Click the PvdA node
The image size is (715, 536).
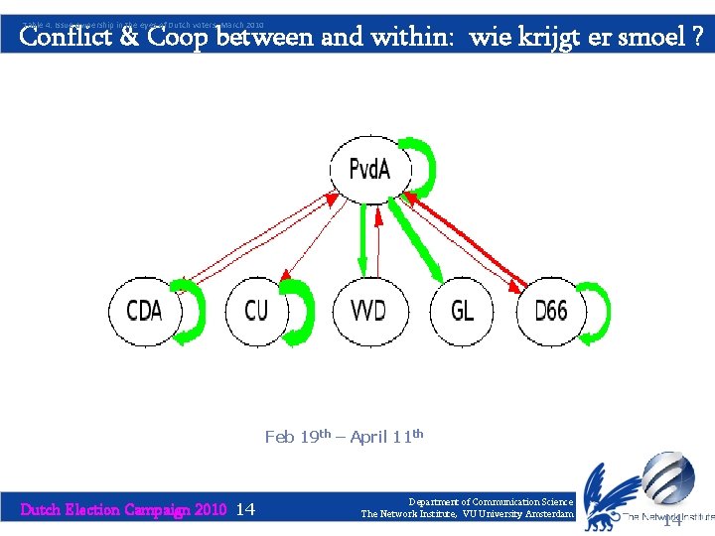click(368, 169)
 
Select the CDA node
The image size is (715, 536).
click(145, 311)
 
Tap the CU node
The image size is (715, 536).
click(256, 311)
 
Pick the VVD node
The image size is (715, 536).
click(367, 311)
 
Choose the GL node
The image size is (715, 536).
click(463, 311)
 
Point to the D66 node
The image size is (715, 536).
click(550, 311)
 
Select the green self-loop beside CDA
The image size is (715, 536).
click(199, 312)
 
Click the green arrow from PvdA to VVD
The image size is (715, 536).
click(362, 238)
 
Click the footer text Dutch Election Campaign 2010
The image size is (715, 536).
click(124, 509)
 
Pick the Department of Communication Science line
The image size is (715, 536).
click(490, 502)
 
